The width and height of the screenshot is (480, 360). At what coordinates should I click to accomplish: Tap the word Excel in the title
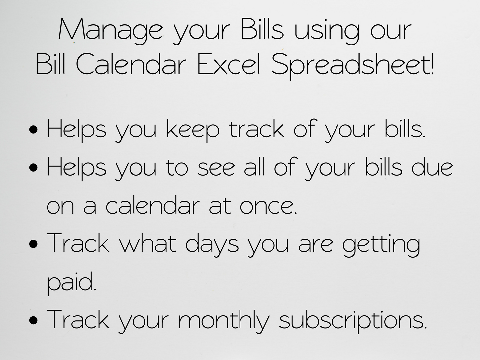[x=229, y=64]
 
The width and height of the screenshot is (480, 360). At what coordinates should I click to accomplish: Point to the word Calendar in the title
[x=131, y=64]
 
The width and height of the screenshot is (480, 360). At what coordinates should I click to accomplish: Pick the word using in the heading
[x=327, y=31]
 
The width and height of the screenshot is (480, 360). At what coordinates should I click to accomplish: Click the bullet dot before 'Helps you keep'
[x=33, y=129]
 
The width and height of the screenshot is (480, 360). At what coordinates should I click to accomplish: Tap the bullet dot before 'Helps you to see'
[x=33, y=168]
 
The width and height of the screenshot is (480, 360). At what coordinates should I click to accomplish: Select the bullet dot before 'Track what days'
[x=33, y=244]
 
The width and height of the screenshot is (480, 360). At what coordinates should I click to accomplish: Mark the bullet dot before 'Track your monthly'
[x=33, y=320]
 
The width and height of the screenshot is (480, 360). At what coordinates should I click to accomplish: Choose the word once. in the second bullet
[x=268, y=206]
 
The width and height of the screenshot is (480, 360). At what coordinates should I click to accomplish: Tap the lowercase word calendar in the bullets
[x=153, y=204]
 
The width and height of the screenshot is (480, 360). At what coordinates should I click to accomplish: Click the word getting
[x=381, y=245]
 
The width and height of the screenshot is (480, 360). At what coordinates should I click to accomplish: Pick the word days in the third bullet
[x=212, y=245]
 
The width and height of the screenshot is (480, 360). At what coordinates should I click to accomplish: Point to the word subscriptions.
[x=353, y=321]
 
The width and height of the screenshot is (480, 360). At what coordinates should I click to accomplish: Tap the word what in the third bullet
[x=148, y=243]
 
